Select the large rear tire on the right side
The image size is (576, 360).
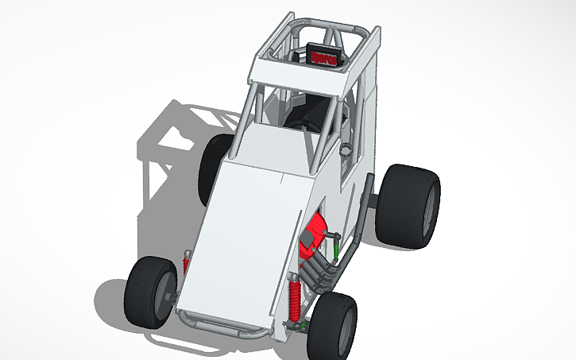click(x=407, y=205)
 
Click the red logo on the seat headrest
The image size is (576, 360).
click(x=324, y=57)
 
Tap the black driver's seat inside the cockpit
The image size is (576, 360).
click(x=310, y=111)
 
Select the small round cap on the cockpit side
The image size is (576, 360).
click(x=346, y=149)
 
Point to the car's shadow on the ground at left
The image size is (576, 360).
click(x=159, y=159)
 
